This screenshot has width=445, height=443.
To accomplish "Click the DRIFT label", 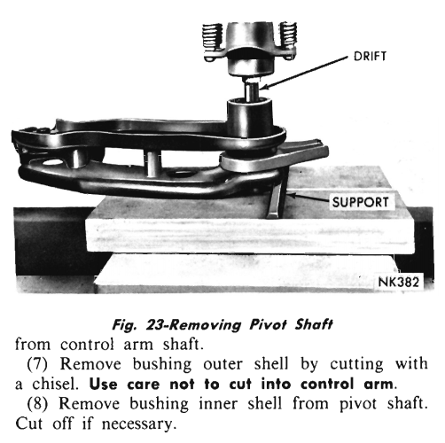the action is (x=370, y=57).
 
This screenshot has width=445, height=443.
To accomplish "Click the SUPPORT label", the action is (x=360, y=202).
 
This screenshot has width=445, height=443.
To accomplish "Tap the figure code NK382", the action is (x=399, y=282).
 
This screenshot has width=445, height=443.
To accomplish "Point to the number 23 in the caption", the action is (x=155, y=324).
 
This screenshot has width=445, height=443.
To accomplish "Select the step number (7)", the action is (x=37, y=364).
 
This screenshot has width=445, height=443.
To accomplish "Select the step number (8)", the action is (x=37, y=404).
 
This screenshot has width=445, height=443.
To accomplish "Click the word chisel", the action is (x=55, y=384).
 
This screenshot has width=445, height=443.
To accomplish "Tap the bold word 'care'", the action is (x=144, y=385).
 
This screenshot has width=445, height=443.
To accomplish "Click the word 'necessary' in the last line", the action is (x=138, y=424).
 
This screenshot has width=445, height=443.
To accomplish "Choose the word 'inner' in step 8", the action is (x=218, y=404).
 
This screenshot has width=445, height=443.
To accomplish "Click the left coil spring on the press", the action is (x=212, y=35).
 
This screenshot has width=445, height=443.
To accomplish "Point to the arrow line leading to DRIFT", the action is (x=304, y=72).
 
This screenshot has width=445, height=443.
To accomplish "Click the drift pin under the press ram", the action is (x=251, y=90).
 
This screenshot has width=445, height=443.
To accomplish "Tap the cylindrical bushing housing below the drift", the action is (x=250, y=118).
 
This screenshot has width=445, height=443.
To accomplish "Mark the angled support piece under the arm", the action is (x=276, y=195).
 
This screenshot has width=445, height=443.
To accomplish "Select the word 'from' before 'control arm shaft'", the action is (x=33, y=345).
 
